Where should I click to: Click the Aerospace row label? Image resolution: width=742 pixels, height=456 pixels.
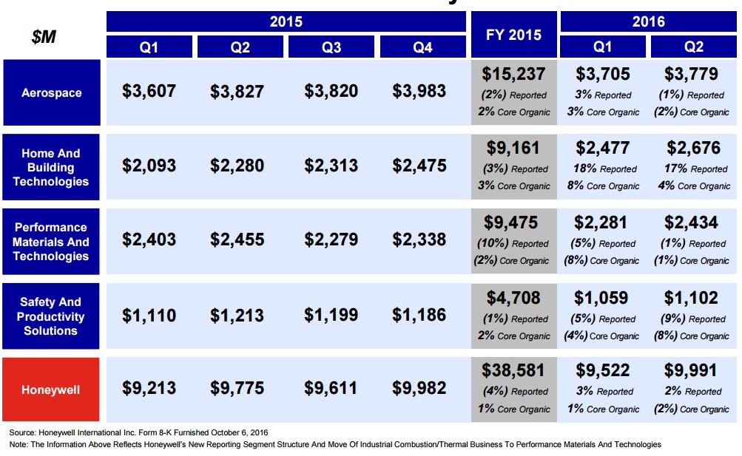pos(51,93)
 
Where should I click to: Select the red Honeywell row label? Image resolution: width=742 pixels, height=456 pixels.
pos(51,389)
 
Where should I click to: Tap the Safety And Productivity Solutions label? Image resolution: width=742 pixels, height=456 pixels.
pos(51,316)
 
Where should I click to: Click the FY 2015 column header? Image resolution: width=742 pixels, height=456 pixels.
pos(513,35)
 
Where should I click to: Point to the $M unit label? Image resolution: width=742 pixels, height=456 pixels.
pos(44,36)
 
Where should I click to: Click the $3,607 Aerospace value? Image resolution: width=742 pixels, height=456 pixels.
pos(149,91)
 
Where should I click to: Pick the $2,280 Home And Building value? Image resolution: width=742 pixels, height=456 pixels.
pos(237,166)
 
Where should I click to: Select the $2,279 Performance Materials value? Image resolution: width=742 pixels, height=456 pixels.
pos(331,239)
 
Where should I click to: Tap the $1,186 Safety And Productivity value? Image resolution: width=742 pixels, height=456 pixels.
pos(419,315)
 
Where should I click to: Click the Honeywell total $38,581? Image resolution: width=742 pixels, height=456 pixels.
pos(513,370)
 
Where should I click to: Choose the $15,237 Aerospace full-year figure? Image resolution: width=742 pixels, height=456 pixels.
pos(513,75)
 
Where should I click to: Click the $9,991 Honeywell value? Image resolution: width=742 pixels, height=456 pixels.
pos(692,370)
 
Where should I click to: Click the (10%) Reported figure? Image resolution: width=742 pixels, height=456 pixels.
pos(515,243)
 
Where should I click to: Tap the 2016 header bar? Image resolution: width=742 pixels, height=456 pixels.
pos(648,21)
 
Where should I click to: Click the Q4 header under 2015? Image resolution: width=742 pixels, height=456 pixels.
pos(422,47)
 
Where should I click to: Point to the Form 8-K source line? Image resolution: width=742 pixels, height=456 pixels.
pos(138,432)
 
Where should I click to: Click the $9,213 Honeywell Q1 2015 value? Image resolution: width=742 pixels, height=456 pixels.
pos(149,388)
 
